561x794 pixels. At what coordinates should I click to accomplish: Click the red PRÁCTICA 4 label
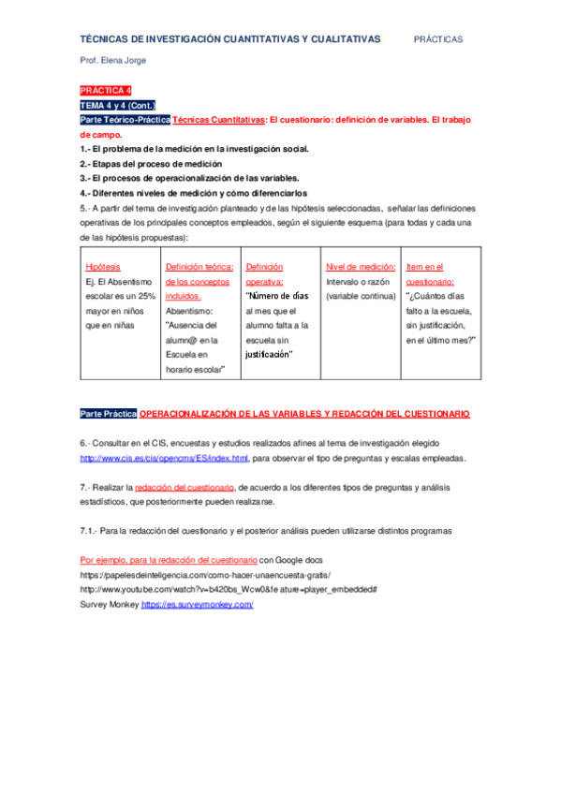(x=106, y=91)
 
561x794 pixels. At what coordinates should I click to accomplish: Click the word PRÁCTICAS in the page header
(x=438, y=39)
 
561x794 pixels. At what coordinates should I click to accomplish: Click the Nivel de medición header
(x=361, y=267)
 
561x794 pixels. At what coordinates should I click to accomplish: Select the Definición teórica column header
(x=199, y=267)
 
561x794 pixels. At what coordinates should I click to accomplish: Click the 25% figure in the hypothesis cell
(x=146, y=296)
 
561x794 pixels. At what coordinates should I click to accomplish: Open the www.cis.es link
(x=164, y=458)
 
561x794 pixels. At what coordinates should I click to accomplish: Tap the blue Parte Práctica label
(x=109, y=413)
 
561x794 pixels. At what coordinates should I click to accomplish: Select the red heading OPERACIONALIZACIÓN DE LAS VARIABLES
(x=304, y=413)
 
